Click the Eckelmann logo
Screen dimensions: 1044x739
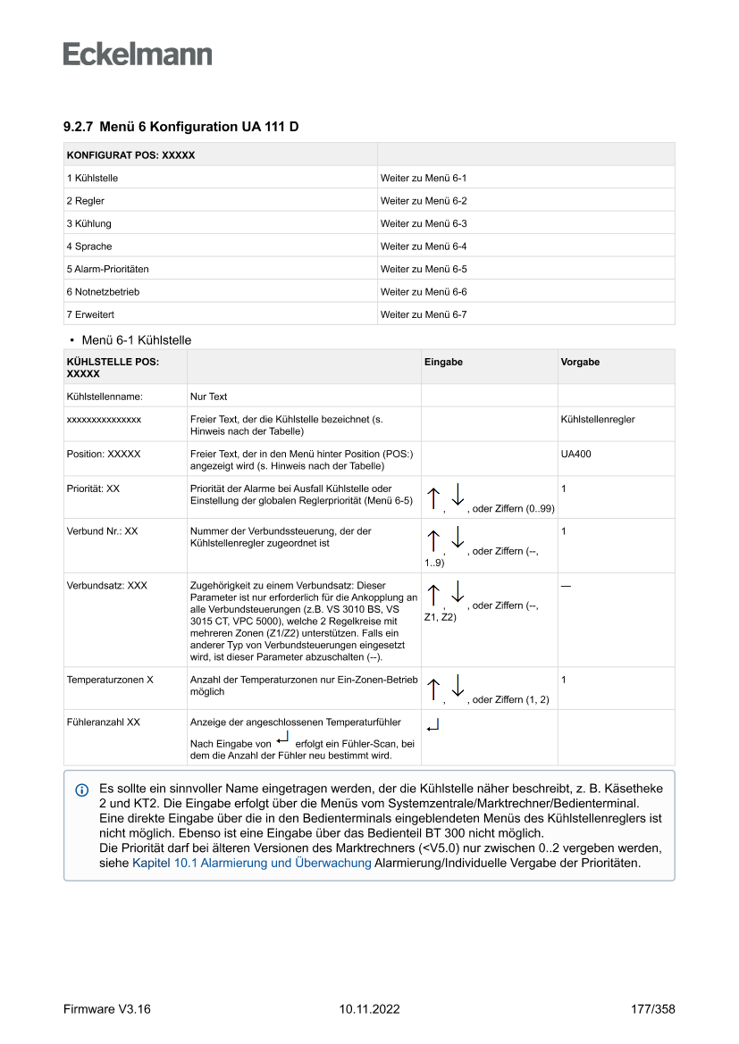138,54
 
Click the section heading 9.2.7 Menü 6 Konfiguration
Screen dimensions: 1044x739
181,127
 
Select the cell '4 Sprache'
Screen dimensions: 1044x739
89,246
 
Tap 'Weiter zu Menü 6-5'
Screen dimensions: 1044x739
424,269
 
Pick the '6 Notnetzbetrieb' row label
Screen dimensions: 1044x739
103,292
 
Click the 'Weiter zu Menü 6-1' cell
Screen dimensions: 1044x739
424,179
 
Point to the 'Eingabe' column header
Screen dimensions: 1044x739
443,363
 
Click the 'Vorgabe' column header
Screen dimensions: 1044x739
580,363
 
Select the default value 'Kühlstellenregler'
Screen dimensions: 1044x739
598,419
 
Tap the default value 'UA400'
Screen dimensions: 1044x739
575,454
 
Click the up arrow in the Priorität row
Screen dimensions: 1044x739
433,499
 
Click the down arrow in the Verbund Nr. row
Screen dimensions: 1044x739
458,539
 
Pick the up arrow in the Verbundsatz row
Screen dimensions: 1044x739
433,596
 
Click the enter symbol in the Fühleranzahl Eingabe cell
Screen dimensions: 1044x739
433,726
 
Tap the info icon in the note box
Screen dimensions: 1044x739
82,790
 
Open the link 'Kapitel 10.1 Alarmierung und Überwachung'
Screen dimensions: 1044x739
251,864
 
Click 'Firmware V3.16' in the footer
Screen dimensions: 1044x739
106,1009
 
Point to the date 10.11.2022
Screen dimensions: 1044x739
369,1009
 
